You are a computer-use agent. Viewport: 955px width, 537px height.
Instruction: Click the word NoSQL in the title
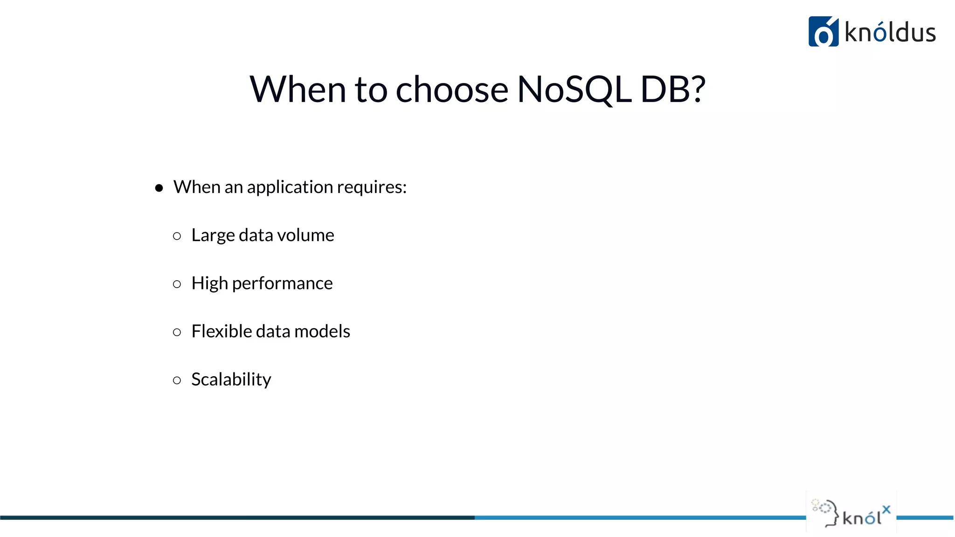click(x=574, y=89)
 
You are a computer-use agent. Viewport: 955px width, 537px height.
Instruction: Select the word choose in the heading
click(x=451, y=89)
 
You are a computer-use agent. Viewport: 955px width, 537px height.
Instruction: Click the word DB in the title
click(x=664, y=89)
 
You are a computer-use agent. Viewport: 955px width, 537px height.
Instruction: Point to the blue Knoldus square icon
click(x=823, y=32)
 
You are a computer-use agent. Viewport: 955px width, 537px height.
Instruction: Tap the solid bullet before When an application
click(x=159, y=188)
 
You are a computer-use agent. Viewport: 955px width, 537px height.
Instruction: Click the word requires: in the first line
click(x=372, y=187)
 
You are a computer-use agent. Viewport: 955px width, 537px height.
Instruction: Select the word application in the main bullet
click(x=290, y=187)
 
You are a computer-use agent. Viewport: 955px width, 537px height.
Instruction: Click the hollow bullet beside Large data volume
click(x=177, y=236)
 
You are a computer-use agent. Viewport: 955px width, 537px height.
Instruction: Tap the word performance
click(x=282, y=283)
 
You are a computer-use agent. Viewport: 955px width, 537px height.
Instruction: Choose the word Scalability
click(x=231, y=379)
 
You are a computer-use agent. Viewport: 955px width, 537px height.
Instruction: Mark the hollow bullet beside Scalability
click(x=177, y=380)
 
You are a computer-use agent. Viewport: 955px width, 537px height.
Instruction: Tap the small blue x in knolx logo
click(x=886, y=509)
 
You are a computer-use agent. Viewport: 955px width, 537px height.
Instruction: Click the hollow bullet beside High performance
click(x=177, y=284)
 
